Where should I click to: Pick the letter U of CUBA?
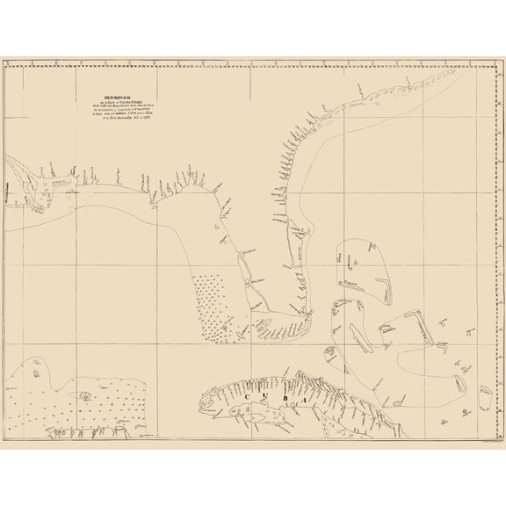tap(267, 397)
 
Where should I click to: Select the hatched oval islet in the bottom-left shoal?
tap(84, 395)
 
